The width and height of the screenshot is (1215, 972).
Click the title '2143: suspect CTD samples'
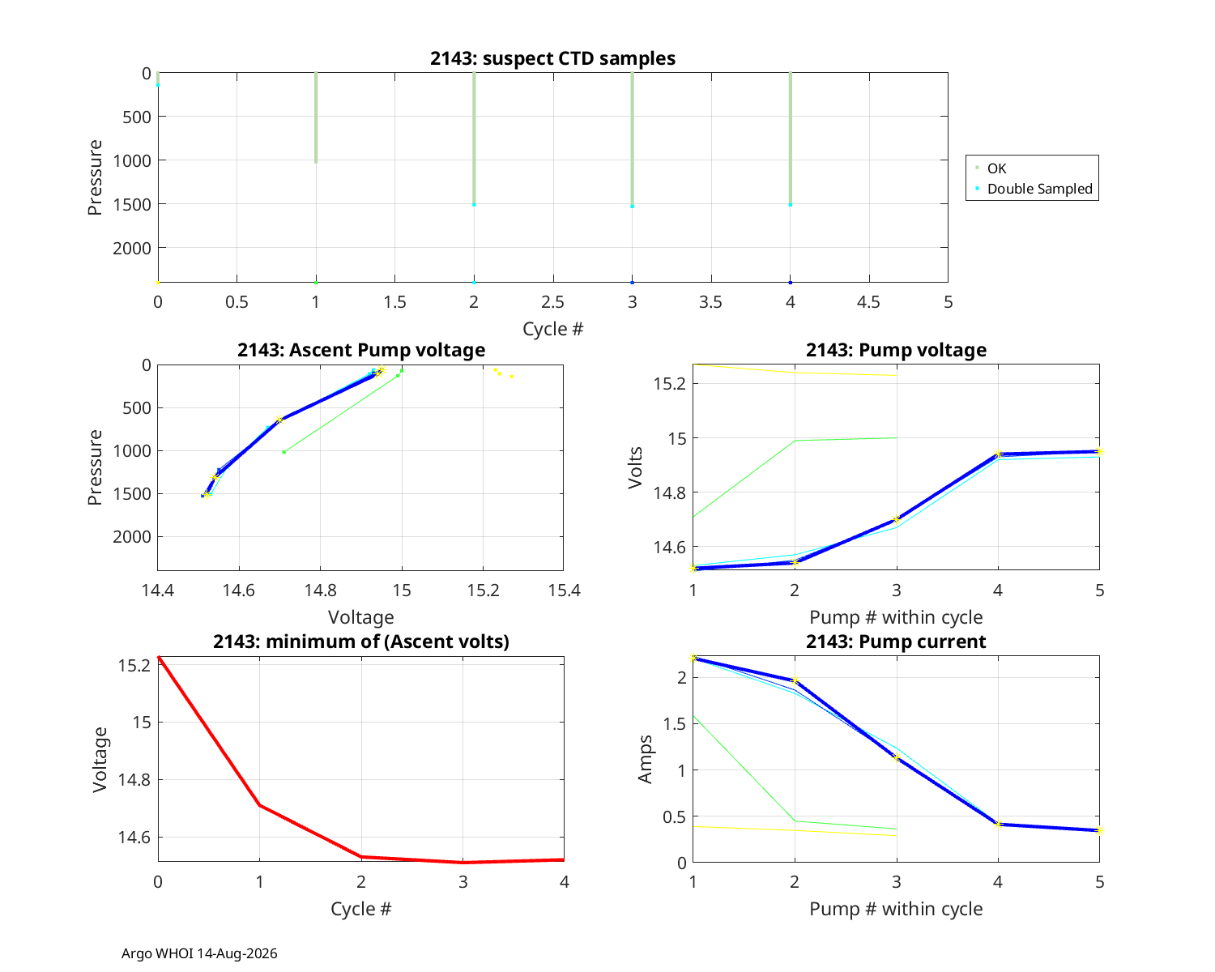click(x=552, y=58)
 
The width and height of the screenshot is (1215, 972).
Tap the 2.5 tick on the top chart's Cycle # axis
click(x=552, y=302)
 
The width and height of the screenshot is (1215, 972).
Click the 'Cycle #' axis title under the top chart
click(x=552, y=329)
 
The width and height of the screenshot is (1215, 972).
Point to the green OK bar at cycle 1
click(x=316, y=117)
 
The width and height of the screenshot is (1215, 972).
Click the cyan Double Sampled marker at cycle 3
click(x=633, y=207)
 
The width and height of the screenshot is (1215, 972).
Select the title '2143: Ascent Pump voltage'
click(x=360, y=350)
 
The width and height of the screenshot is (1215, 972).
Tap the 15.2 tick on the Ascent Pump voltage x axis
click(x=484, y=590)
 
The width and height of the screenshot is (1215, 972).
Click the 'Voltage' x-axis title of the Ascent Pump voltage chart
click(x=360, y=617)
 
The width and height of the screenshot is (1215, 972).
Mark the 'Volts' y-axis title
click(x=636, y=467)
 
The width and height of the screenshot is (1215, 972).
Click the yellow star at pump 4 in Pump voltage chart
click(x=998, y=454)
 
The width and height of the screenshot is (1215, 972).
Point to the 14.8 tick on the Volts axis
click(x=670, y=493)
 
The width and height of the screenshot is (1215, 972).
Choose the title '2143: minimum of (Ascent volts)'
click(x=360, y=642)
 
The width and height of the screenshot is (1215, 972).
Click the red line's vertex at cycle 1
click(x=260, y=805)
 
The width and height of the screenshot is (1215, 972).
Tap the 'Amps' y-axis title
click(x=645, y=759)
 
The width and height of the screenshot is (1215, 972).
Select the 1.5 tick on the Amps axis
click(x=675, y=724)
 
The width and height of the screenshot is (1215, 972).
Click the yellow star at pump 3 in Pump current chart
click(x=897, y=758)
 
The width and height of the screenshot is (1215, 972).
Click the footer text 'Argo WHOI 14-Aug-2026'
click(x=199, y=953)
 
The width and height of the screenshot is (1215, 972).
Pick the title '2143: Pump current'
click(x=896, y=642)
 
